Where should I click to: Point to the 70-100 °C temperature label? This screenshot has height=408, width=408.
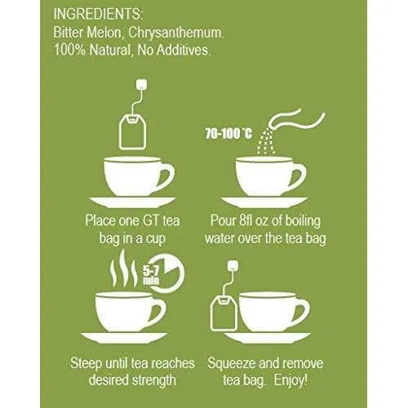click(228, 134)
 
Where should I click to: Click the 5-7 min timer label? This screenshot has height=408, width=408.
click(151, 276)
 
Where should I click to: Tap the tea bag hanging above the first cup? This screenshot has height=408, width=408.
click(132, 131)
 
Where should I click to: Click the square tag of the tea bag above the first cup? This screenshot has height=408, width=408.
click(143, 85)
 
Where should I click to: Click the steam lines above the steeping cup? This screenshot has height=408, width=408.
click(124, 269)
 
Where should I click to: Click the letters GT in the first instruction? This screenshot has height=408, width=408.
click(150, 220)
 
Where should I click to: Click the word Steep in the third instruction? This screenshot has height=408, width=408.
click(86, 363)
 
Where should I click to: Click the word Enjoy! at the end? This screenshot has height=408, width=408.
click(290, 380)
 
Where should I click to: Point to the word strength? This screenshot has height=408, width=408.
click(153, 380)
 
